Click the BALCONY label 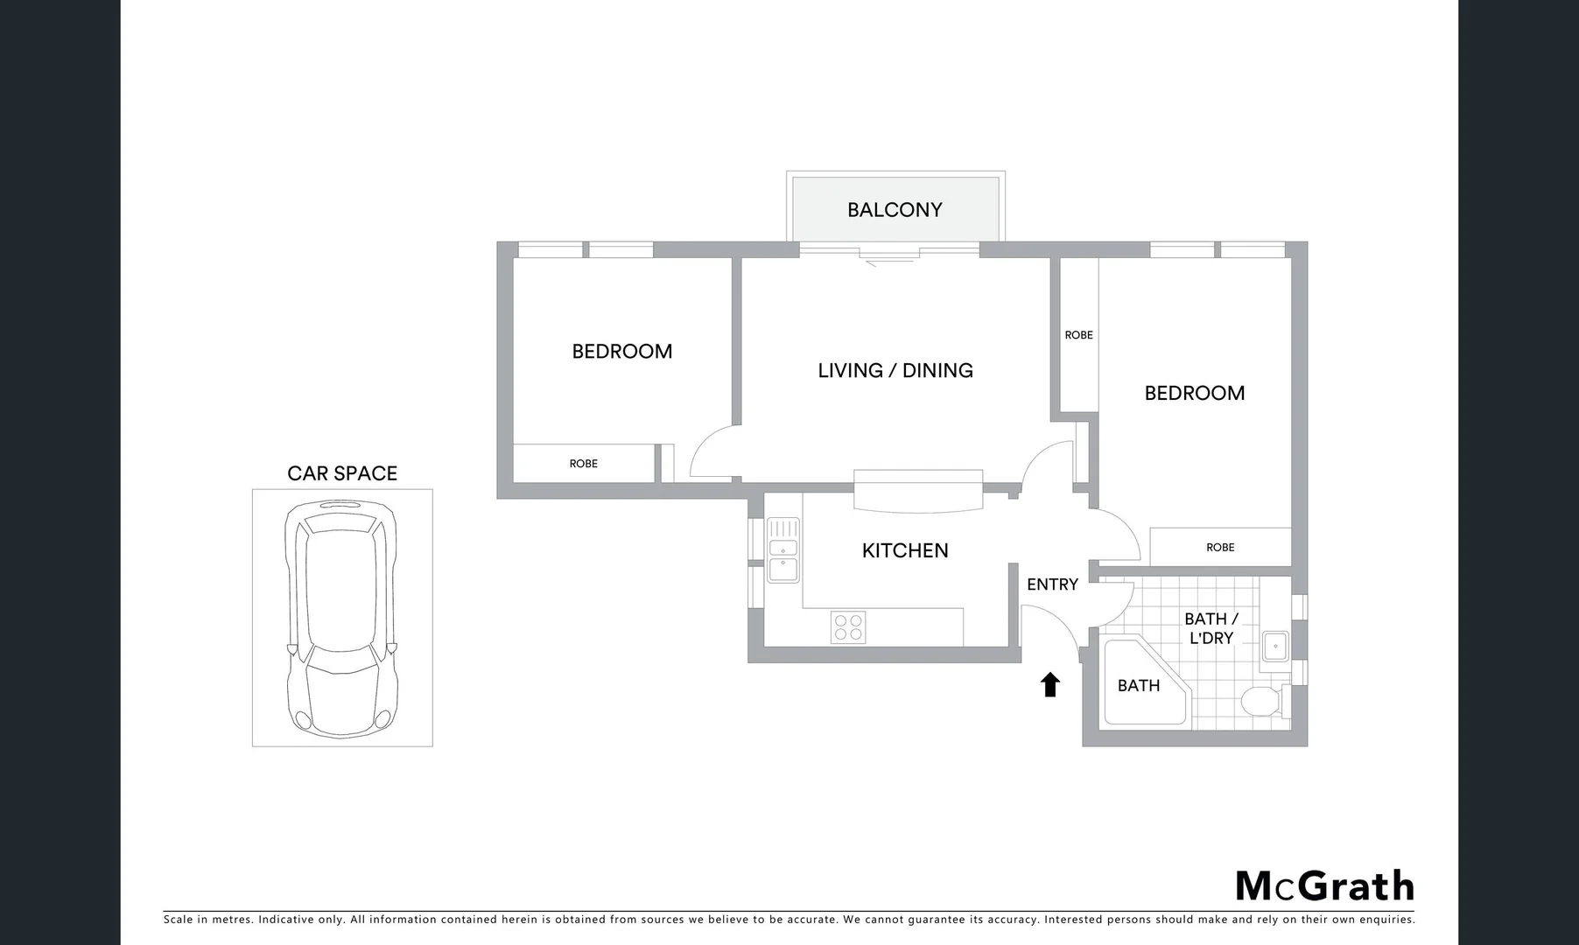895,210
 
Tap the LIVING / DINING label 895,370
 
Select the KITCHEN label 905,550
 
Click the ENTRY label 1052,584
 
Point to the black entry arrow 1050,684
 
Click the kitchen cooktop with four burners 848,627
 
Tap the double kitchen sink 783,550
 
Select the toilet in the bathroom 1261,701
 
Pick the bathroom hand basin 1275,647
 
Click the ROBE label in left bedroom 584,464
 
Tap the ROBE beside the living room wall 1078,335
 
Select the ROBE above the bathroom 1220,548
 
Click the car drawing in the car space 341,618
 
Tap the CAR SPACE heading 342,473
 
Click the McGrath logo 1324,885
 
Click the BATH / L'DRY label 1211,628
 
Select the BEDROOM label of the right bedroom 1195,393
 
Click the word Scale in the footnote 179,920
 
